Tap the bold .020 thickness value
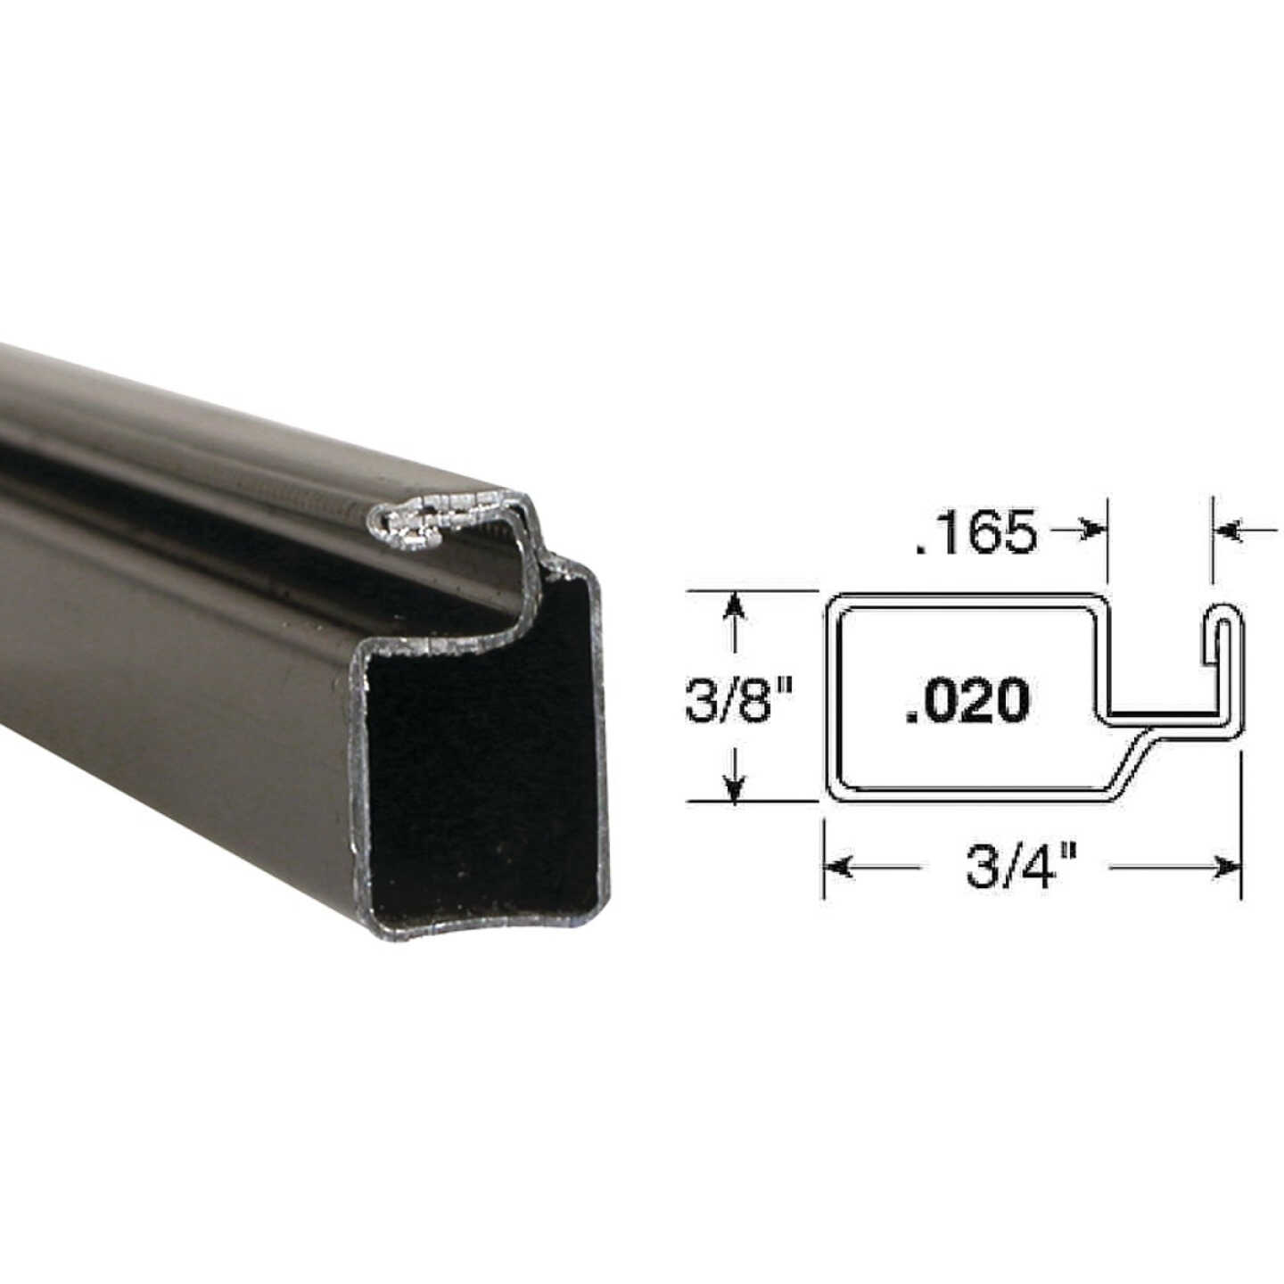[x=967, y=700]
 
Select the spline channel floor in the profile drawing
[x=1159, y=713]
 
